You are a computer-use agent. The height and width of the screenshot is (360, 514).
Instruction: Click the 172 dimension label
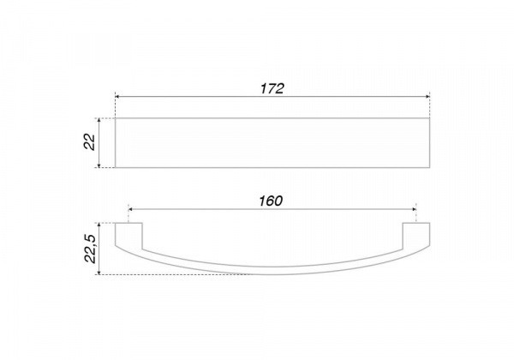pos(272,88)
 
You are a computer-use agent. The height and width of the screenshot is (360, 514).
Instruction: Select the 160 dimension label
pos(271,201)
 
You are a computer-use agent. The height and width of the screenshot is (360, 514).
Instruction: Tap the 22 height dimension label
pos(89,142)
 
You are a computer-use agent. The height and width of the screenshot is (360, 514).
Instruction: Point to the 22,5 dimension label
pos(90,249)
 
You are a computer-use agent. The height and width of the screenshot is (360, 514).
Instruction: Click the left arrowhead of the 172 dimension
pos(117,97)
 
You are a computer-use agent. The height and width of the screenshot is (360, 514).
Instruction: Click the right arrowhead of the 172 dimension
pos(427,97)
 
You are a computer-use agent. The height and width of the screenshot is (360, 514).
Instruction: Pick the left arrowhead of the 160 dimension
pos(130,209)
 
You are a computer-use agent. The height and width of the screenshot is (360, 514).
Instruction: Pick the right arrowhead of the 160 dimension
pos(414,209)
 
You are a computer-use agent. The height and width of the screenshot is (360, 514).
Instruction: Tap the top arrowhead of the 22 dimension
pos(99,120)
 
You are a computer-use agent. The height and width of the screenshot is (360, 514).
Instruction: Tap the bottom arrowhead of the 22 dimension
pos(99,165)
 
